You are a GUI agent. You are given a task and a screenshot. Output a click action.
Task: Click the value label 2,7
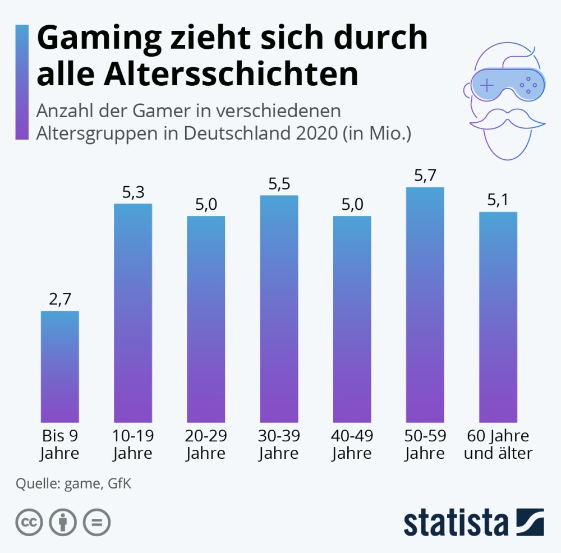(60, 299)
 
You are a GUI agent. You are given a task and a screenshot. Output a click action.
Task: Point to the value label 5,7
(425, 176)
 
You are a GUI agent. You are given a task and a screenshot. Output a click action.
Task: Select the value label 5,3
(133, 192)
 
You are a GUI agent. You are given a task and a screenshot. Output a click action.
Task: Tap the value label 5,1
(498, 200)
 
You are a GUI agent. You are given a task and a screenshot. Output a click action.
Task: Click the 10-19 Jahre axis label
(133, 444)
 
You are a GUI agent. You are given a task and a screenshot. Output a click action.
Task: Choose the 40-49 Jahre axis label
(352, 444)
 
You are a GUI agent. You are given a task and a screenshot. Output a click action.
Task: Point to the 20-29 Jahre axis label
(206, 444)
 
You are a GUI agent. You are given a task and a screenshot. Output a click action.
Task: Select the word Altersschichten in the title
(197, 74)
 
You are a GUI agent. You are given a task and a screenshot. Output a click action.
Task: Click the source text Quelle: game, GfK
(73, 483)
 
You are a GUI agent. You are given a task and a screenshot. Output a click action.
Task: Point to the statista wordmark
(456, 523)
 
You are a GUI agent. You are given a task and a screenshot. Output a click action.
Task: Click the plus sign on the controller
(487, 86)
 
